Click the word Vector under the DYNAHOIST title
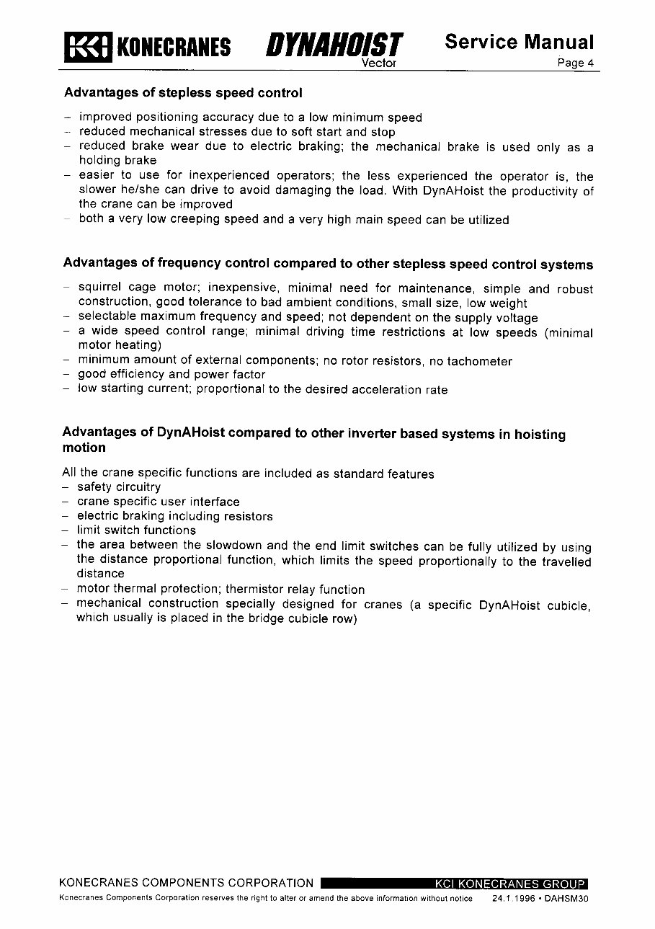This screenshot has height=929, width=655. tap(378, 63)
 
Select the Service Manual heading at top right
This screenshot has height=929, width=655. tap(519, 42)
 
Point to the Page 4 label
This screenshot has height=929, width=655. tap(575, 63)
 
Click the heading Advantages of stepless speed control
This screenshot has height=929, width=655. tap(183, 93)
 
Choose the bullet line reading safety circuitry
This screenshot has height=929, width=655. tap(119, 487)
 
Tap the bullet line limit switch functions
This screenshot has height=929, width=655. tap(136, 530)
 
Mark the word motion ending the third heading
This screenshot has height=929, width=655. tap(84, 448)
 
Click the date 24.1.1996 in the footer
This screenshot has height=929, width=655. tap(513, 899)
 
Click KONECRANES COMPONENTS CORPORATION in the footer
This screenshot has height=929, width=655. tap(186, 884)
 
